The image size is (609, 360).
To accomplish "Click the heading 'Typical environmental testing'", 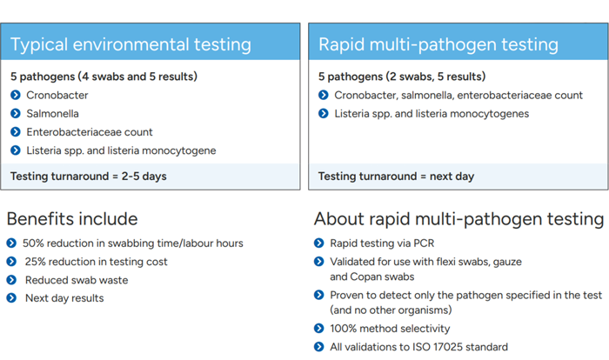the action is coord(130,44).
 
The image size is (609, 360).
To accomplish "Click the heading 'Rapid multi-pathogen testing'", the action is coord(438,44).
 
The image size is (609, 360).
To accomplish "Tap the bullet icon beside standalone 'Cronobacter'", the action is coord(16,95).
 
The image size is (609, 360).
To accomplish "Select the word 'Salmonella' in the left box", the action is coord(52,113).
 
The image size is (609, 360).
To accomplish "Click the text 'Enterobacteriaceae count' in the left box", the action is coord(90,132).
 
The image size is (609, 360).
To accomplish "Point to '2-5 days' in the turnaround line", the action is coord(144,177).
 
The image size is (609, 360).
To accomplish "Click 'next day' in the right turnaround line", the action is coord(452,177).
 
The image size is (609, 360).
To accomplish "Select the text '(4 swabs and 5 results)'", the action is coord(137,77).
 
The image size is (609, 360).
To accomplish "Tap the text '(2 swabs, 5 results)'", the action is coord(436,77).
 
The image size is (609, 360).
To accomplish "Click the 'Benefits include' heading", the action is coord(72,219).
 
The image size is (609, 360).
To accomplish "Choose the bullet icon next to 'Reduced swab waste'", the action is coord(11,280).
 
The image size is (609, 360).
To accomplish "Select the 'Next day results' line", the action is coord(64,298).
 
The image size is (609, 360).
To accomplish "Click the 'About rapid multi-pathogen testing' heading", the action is coord(458,219).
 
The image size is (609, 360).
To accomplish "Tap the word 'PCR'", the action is coord(424,243).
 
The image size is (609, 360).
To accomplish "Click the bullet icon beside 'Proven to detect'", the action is coord(319,295).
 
